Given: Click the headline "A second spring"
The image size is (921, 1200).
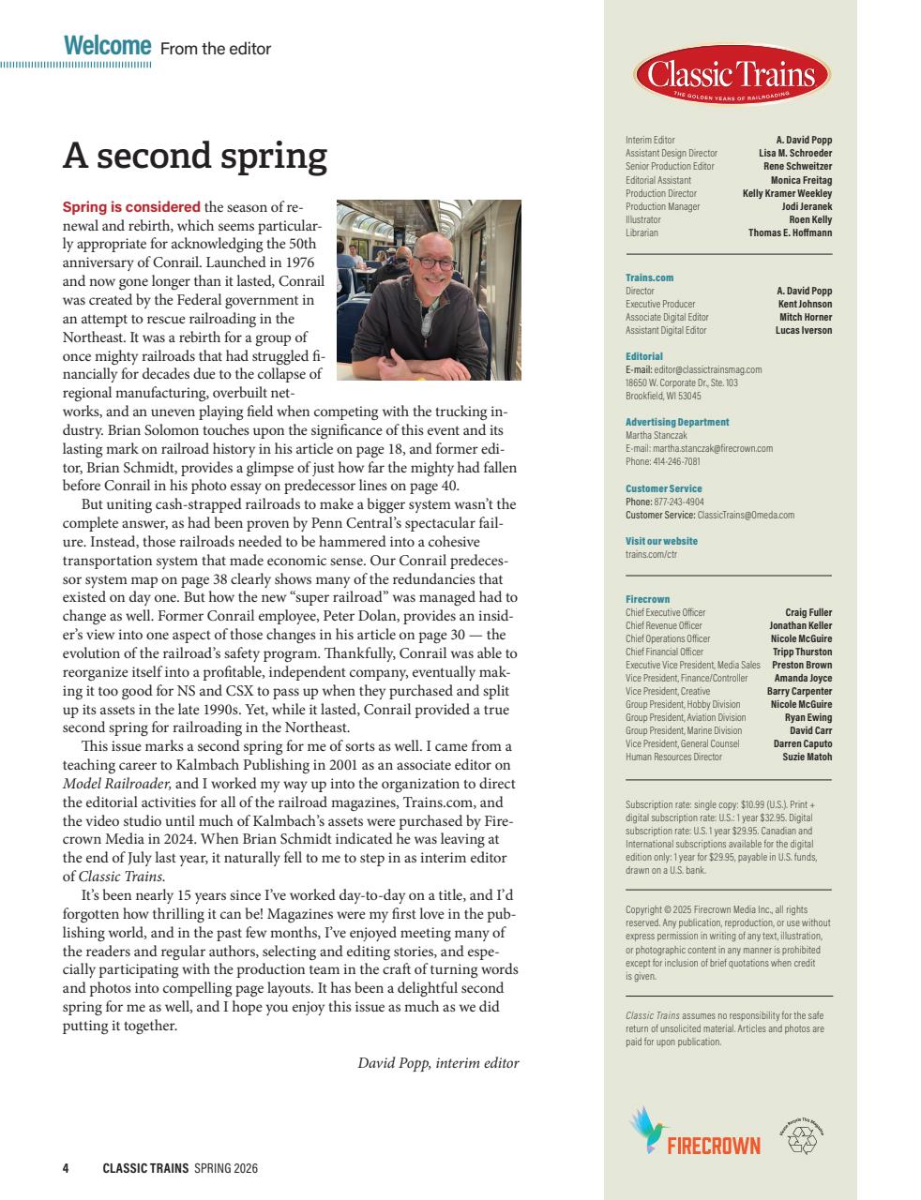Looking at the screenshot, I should pyautogui.click(x=194, y=156).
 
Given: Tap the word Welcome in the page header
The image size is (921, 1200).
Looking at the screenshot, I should pyautogui.click(x=107, y=46).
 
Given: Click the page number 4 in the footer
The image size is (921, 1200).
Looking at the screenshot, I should pyautogui.click(x=66, y=1168).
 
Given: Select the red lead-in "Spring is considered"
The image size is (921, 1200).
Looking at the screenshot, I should pyautogui.click(x=131, y=207).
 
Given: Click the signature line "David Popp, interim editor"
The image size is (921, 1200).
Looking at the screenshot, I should pyautogui.click(x=438, y=1063).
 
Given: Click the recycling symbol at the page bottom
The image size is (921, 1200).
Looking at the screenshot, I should pyautogui.click(x=803, y=1139).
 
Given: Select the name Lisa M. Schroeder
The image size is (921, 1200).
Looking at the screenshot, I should pyautogui.click(x=794, y=154).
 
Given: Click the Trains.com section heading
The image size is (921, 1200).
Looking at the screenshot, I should pyautogui.click(x=649, y=277).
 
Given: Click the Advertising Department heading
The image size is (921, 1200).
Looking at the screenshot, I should pyautogui.click(x=676, y=423).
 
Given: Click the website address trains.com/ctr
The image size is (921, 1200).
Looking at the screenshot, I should pyautogui.click(x=651, y=554).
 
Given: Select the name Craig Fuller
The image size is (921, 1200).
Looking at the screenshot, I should pyautogui.click(x=808, y=613).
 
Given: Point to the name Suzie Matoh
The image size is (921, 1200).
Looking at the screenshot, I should pyautogui.click(x=807, y=757).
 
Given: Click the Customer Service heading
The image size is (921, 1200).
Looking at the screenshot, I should pyautogui.click(x=663, y=489).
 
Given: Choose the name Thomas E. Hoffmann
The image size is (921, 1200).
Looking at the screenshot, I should pyautogui.click(x=790, y=232).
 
